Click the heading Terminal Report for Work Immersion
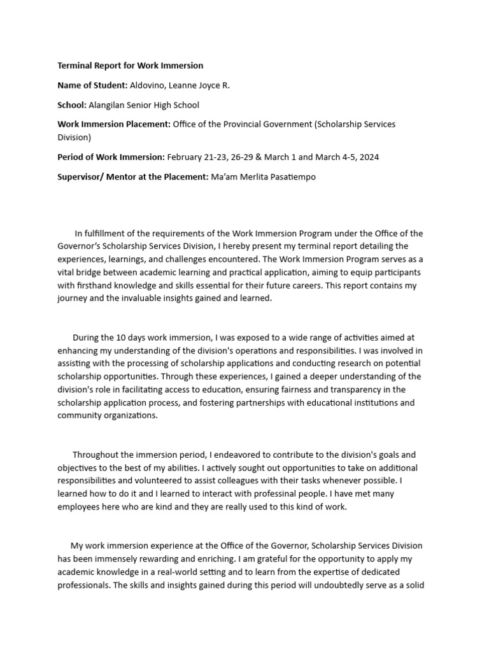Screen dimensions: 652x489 tap(131, 66)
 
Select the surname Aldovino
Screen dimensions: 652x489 tap(150, 85)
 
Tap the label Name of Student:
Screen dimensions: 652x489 tap(92, 85)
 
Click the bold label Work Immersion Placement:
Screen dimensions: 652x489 tap(114, 124)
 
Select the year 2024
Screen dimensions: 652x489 tap(368, 157)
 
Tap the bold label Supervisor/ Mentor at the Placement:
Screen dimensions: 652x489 tap(132, 177)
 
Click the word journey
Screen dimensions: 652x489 tap(73, 299)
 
